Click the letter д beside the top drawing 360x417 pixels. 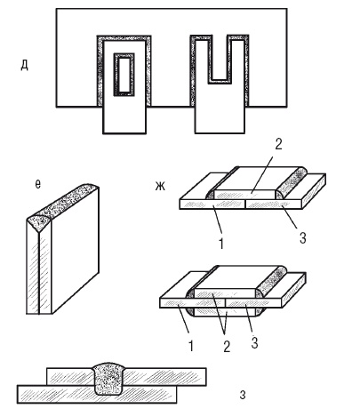(x=24, y=65)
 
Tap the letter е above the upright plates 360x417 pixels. (x=37, y=184)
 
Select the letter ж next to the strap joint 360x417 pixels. (x=160, y=186)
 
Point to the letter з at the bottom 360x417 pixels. (x=243, y=395)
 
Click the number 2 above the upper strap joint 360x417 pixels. (x=278, y=145)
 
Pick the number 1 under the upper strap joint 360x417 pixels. (x=220, y=243)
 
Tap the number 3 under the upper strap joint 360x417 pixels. (x=302, y=238)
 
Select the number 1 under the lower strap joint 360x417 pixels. (x=191, y=345)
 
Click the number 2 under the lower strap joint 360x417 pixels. (x=227, y=346)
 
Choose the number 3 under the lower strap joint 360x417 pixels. (x=254, y=342)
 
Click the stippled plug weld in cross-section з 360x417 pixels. (x=109, y=378)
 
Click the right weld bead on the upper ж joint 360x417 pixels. (x=292, y=182)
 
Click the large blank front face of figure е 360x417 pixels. (x=76, y=251)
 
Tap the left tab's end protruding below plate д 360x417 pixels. (x=124, y=120)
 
